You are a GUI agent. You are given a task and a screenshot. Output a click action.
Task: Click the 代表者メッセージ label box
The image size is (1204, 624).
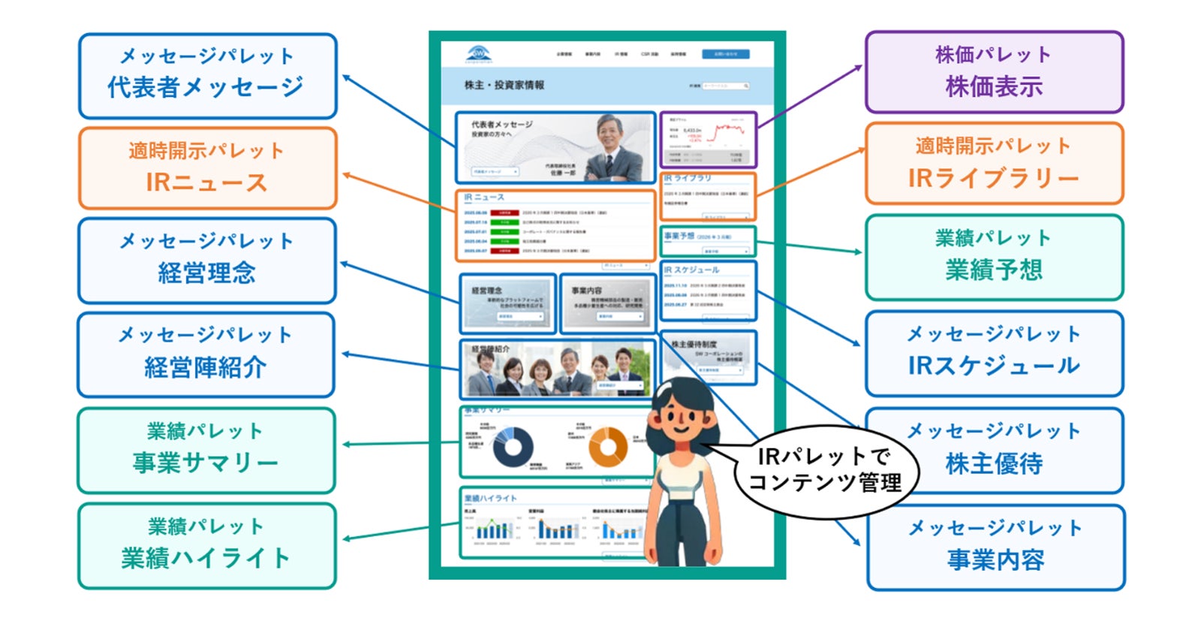(x=207, y=76)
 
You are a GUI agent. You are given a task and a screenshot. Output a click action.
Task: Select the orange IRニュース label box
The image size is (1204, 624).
(x=207, y=168)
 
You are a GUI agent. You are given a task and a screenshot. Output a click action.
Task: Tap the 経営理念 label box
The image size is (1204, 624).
(x=207, y=261)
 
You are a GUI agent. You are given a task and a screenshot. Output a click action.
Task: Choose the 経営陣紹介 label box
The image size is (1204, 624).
(x=206, y=354)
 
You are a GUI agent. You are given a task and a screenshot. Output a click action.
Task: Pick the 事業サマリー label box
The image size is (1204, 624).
(x=206, y=450)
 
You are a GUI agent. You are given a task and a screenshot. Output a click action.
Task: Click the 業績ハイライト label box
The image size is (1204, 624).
(x=206, y=545)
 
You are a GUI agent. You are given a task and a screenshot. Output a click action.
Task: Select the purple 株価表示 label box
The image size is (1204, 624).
(x=994, y=73)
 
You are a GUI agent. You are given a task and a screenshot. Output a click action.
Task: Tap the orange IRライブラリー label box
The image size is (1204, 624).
(x=994, y=164)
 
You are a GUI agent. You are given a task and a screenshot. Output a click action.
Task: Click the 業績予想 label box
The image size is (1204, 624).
(x=994, y=258)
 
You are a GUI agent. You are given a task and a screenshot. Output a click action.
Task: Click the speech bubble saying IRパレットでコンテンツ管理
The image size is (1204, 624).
(x=825, y=469)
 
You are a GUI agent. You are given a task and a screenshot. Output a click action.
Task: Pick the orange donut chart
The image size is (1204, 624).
(x=607, y=447)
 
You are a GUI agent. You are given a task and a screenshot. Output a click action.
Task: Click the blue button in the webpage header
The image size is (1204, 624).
(x=725, y=54)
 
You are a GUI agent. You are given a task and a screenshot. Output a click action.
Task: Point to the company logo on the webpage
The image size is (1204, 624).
(x=478, y=54)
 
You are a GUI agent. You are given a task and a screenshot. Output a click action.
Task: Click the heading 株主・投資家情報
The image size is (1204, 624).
(x=504, y=86)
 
